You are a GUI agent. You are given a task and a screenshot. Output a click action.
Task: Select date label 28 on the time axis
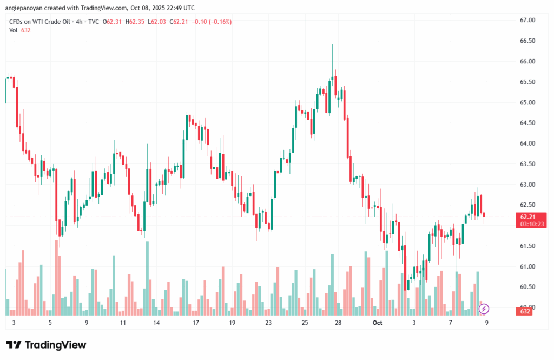coord(338,323)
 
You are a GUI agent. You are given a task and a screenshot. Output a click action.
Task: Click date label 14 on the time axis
coord(156,323)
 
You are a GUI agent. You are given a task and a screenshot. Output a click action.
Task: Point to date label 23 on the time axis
coord(268,323)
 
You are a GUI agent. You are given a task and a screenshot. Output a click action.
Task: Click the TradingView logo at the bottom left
coord(46,345)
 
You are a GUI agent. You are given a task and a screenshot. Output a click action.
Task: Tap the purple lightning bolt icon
coord(484,309)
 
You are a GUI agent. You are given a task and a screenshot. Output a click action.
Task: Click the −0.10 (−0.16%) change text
coord(211,22)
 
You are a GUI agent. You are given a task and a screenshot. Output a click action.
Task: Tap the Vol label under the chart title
coord(14,30)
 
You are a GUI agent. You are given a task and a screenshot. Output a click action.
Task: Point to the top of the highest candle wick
coord(332,44)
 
